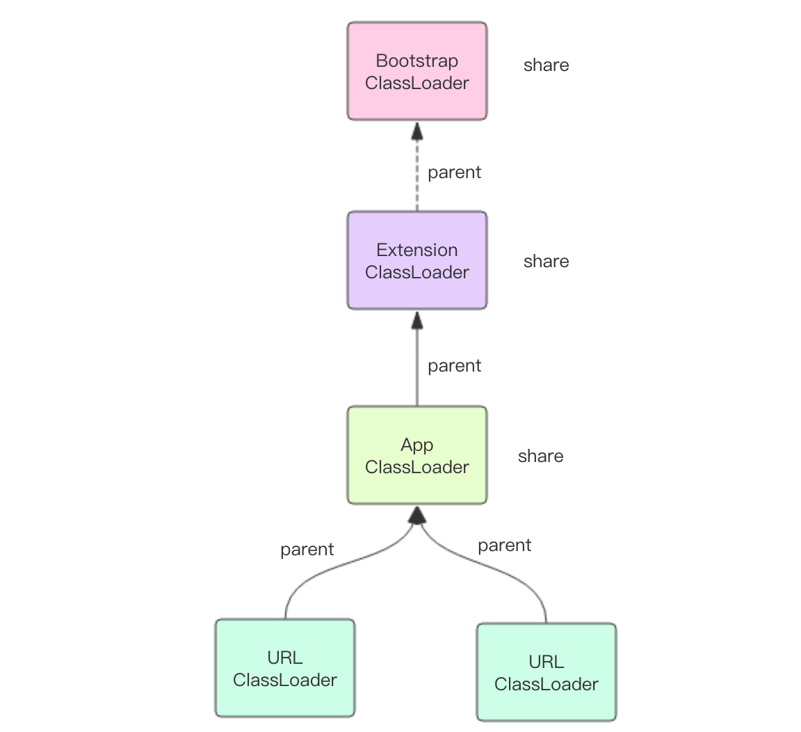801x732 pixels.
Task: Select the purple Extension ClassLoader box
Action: point(417,261)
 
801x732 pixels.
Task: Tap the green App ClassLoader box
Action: point(417,456)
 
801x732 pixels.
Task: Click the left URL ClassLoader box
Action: point(285,668)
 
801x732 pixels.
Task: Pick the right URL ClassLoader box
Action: point(547,672)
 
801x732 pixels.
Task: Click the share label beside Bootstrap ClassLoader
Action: point(546,65)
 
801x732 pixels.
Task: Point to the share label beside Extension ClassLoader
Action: point(546,262)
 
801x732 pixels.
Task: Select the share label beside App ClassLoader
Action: point(540,456)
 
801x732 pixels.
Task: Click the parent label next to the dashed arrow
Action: point(454,173)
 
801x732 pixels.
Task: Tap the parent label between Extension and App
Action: point(454,366)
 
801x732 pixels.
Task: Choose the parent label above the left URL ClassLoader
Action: point(307,550)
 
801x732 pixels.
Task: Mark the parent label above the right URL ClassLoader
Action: point(504,546)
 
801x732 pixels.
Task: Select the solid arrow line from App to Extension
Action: point(417,369)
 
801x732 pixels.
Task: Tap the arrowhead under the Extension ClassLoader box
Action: point(417,319)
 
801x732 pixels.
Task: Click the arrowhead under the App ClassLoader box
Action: point(417,515)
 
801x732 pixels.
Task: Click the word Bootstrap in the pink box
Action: point(417,61)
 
